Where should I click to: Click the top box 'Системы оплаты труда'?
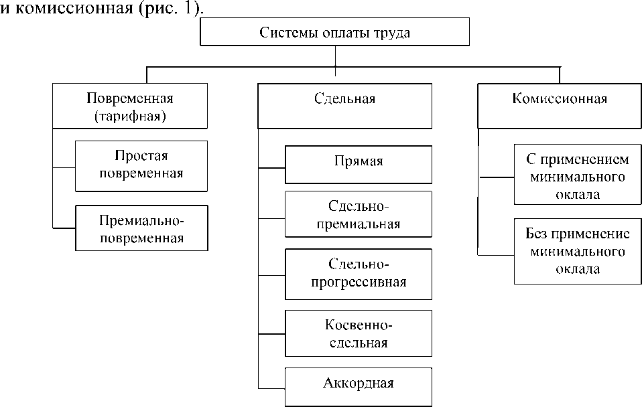(334, 31)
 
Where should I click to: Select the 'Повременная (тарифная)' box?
(129, 106)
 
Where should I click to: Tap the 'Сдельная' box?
(344, 99)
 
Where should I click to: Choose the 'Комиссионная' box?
(560, 99)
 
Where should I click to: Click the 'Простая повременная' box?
(141, 164)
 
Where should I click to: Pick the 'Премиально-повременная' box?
(141, 228)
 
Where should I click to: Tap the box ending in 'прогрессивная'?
(359, 272)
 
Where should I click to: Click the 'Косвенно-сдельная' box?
(359, 334)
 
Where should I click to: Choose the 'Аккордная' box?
(359, 383)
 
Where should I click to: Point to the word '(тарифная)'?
(130, 115)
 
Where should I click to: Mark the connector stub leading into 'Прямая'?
(271, 167)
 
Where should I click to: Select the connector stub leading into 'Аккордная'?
(271, 388)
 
